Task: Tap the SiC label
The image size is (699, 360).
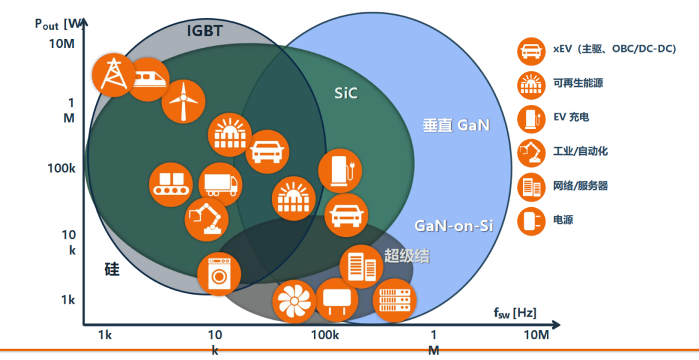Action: click(x=346, y=94)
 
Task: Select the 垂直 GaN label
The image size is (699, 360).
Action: click(x=456, y=125)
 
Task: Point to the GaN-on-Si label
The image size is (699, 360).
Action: click(x=454, y=225)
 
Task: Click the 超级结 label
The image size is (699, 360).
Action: click(x=406, y=256)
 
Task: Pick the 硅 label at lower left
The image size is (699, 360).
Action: click(x=112, y=269)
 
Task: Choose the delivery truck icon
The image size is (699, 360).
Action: click(x=220, y=185)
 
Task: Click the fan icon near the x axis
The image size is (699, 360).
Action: click(x=294, y=300)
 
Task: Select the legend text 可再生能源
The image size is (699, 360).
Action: click(x=579, y=83)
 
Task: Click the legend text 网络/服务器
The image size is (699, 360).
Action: click(x=581, y=186)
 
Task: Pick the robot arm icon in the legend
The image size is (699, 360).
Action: click(x=531, y=152)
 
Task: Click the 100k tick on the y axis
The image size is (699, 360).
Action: click(x=62, y=168)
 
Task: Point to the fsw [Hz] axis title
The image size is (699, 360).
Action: click(x=515, y=313)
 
